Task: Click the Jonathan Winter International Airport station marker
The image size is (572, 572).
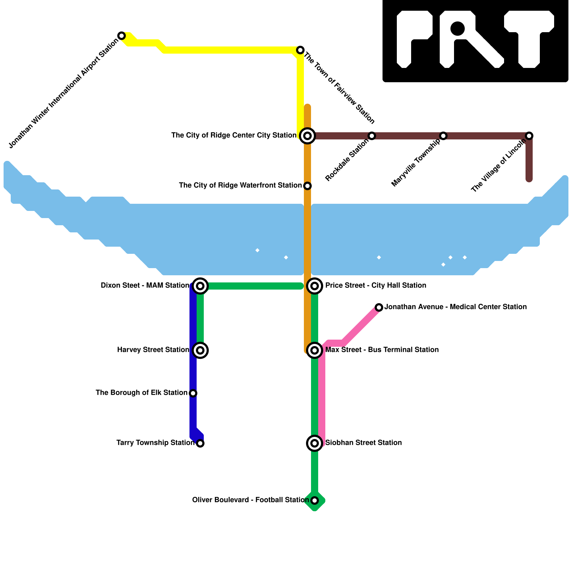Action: click(122, 36)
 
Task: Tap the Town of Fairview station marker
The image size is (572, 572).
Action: click(300, 50)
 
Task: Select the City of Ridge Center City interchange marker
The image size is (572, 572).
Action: click(307, 136)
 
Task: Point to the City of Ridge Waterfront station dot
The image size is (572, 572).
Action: click(307, 186)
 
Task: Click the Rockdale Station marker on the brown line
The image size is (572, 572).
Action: click(372, 136)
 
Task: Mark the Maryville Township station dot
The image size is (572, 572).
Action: click(443, 136)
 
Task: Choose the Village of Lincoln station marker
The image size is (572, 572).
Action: click(529, 136)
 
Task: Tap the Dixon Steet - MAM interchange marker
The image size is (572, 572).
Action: click(200, 286)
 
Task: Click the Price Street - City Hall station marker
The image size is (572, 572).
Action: click(315, 286)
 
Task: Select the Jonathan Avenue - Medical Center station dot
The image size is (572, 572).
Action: click(379, 307)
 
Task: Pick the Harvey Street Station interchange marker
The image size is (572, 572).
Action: click(200, 350)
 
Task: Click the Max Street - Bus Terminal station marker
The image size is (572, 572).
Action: click(315, 350)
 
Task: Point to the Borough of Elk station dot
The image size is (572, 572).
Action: click(193, 393)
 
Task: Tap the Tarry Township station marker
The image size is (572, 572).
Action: click(200, 443)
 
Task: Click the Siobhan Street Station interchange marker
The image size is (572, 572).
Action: click(315, 443)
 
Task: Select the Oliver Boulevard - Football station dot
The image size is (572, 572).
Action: click(315, 500)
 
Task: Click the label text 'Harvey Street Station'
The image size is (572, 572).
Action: click(153, 350)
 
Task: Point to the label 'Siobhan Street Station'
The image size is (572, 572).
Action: click(364, 443)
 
